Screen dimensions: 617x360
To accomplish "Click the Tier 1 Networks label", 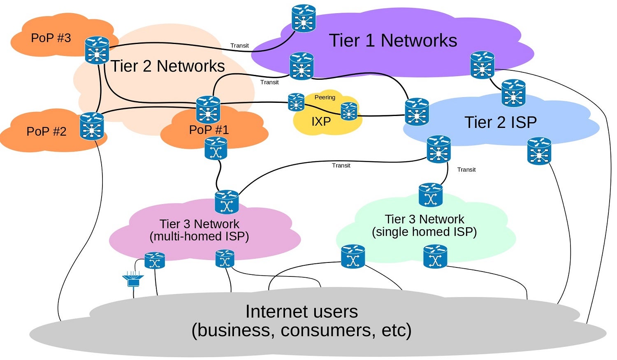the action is [393, 40].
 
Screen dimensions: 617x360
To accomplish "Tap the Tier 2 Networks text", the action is [168, 66].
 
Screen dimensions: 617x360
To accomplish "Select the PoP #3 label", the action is [51, 38].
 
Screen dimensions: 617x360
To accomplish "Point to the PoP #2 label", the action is [46, 131].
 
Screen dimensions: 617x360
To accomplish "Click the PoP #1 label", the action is [209, 130].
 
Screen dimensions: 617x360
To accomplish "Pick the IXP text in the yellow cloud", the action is [321, 121].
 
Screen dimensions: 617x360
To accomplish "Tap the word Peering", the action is [325, 97].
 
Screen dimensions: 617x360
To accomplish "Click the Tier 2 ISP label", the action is [501, 122].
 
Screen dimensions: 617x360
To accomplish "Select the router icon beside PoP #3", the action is [97, 51].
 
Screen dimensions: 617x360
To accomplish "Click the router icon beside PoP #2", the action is [92, 126].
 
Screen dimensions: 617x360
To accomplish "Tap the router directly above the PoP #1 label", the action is [208, 109].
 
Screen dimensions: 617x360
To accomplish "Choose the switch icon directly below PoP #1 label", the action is [216, 149].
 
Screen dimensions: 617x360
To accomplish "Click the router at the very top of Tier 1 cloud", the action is [304, 19].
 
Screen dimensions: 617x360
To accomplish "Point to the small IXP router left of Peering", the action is [296, 102].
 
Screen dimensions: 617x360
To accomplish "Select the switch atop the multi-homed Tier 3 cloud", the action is [227, 202].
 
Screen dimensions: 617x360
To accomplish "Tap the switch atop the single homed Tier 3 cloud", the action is [431, 195].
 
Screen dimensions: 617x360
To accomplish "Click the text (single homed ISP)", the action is [424, 232].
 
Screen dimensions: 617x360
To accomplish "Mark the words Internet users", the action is [302, 311].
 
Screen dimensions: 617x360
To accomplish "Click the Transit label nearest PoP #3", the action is [239, 45].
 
